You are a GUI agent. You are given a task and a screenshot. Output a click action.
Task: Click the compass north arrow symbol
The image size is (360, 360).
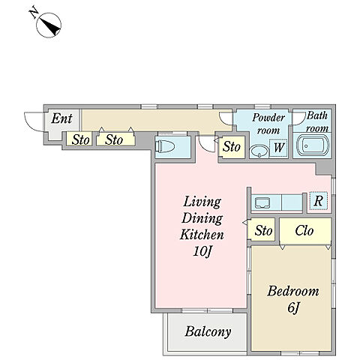coord(49,25)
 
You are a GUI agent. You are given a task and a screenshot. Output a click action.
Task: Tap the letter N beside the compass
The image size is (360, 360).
coord(34,13)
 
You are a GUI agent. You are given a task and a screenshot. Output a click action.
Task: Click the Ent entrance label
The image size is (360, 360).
coord(61,118)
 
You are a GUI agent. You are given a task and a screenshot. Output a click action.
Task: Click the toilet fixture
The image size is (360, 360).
coord(165,146)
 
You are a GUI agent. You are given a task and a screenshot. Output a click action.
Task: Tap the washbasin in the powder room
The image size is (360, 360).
coord(259,151)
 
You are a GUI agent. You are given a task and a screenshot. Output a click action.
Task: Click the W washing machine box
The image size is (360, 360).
coord(278,148)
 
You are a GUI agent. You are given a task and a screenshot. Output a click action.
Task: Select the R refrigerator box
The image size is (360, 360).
coord(318,200)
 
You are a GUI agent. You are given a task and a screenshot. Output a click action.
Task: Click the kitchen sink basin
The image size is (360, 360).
coord(262,202)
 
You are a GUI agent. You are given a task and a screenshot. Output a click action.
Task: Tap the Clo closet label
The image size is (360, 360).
coord(304,230)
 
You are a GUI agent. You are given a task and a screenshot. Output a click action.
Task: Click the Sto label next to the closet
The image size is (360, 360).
coord(263,230)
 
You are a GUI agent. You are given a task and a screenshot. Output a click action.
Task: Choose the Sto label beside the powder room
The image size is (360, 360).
coord(232,146)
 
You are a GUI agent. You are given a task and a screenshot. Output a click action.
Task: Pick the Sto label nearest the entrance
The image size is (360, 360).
coord(80,139)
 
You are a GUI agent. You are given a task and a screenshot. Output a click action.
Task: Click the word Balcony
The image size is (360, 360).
coord(208,332)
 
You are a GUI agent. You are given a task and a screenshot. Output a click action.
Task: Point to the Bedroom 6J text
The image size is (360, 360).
coord(293,299)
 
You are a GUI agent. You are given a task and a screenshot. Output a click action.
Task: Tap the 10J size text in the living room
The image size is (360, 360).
coord(202,251)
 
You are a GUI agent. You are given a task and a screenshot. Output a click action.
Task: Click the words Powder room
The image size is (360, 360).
coord(268,124)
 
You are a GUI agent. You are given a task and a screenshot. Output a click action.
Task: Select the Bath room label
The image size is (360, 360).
coord(316,121)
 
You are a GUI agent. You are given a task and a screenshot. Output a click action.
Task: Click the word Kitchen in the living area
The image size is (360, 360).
coord(202,235)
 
